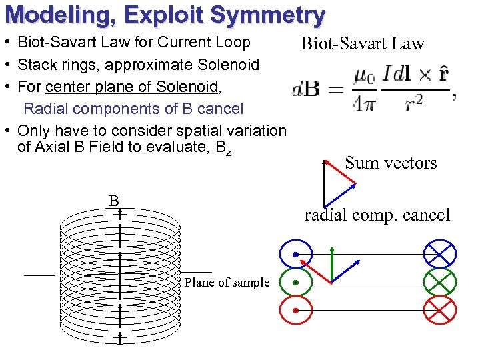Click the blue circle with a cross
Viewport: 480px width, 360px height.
click(x=440, y=254)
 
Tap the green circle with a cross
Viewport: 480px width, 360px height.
click(x=440, y=283)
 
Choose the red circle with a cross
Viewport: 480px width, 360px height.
click(x=440, y=310)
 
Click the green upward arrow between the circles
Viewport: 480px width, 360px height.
click(x=331, y=263)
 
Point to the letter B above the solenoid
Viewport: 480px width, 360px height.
click(x=114, y=201)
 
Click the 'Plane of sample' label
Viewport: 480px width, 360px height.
click(x=227, y=283)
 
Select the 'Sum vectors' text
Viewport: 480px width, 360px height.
click(x=391, y=163)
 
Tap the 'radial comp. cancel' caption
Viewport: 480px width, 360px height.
click(x=377, y=215)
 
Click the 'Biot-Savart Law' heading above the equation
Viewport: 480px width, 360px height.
click(x=362, y=44)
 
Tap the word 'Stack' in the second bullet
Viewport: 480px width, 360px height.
click(x=36, y=65)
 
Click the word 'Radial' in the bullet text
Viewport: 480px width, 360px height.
click(x=45, y=109)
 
